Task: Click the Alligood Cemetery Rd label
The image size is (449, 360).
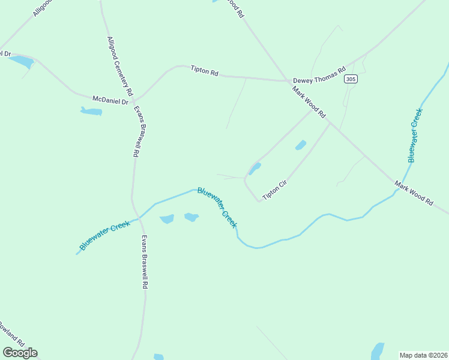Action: [x=119, y=66]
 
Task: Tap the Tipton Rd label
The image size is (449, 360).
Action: [x=204, y=71]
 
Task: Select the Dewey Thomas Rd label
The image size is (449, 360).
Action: [x=319, y=75]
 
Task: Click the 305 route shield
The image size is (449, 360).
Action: [x=351, y=79]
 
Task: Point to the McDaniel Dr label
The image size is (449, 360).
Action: [x=110, y=100]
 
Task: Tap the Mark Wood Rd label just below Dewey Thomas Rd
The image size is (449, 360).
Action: [x=309, y=101]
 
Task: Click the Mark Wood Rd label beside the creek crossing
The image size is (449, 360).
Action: [x=414, y=193]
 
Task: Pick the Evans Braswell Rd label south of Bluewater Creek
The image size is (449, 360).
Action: [x=144, y=262]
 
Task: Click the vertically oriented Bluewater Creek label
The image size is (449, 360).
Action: [x=415, y=135]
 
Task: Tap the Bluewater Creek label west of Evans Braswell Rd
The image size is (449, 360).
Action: [x=105, y=235]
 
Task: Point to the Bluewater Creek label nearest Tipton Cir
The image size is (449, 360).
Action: [x=217, y=208]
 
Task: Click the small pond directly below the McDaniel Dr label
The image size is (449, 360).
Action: [x=91, y=111]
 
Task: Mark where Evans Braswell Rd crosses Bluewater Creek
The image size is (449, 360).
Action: [x=140, y=218]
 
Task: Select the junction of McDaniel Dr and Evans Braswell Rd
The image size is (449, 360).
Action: [x=134, y=100]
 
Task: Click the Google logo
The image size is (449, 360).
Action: [x=20, y=353]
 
